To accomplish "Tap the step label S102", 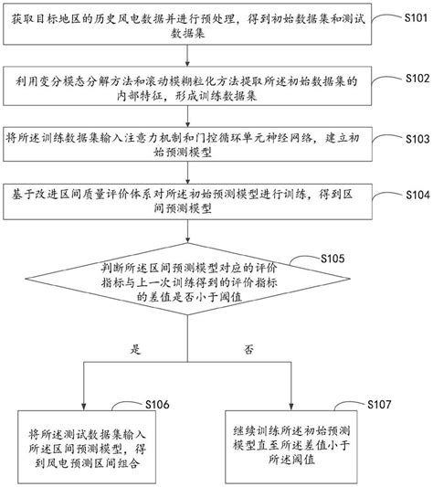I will coord(413,79).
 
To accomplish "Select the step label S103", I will coord(413,142).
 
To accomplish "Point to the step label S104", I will coord(413,196).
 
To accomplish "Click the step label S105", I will coord(333,260).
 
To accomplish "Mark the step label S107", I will coord(378,404).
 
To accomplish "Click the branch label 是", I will coord(136,349).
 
